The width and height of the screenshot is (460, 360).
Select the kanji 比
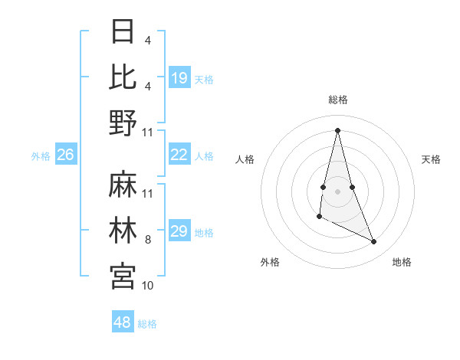coord(123,77)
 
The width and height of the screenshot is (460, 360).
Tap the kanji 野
coord(123,123)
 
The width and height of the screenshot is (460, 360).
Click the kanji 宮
coord(123,276)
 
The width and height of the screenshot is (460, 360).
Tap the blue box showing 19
coord(179,78)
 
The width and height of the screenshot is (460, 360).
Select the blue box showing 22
coord(179,155)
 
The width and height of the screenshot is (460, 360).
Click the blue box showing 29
coord(179,231)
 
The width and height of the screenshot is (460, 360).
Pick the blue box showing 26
coord(66,155)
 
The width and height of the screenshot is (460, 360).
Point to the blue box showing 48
coord(123,322)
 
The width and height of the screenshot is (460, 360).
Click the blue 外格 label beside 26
coord(41,156)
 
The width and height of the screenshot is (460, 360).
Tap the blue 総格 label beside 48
coord(147,324)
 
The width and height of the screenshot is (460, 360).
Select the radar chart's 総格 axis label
coord(337,100)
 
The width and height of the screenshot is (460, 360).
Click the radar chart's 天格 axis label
coord(432,159)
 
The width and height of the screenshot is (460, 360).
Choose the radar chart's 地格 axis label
coord(402,262)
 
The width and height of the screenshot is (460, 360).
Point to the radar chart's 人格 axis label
coord(245,159)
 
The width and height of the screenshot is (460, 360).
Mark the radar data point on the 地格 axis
coord(374,242)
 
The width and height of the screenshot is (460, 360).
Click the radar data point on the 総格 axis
coord(337,129)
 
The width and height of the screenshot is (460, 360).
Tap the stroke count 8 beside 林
coord(148,240)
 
